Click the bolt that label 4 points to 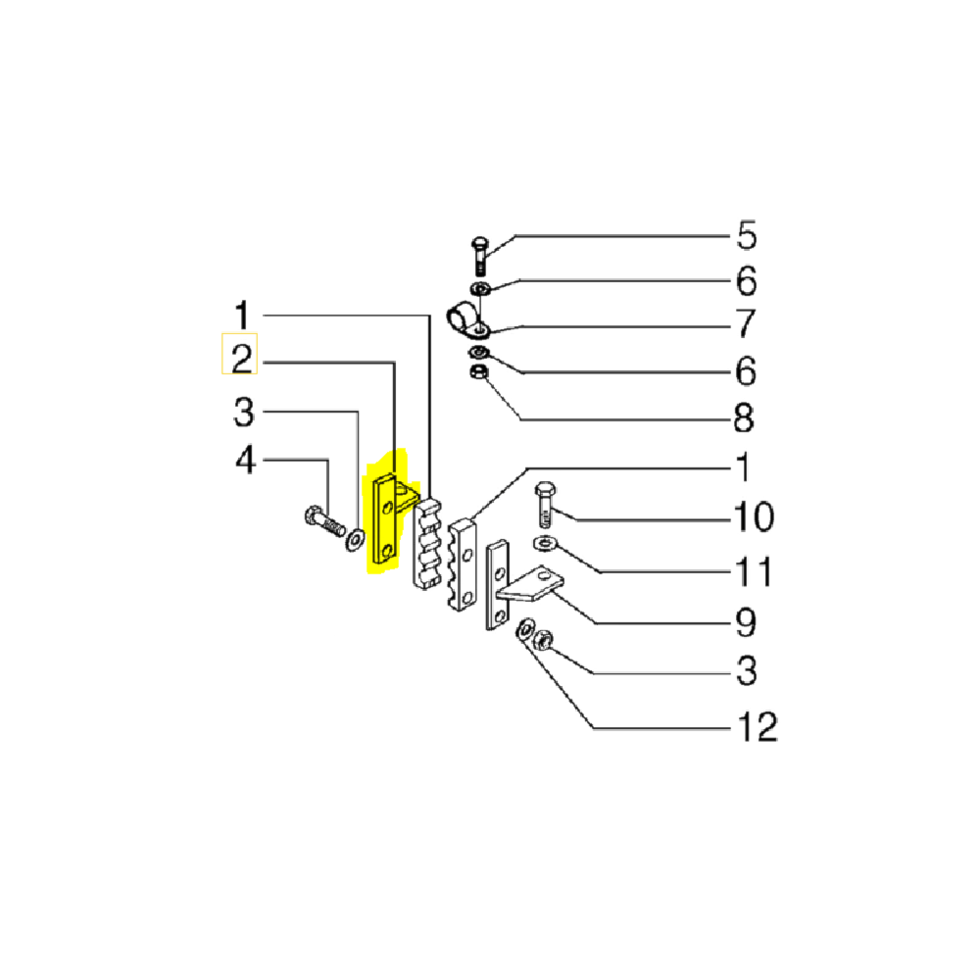pos(323,522)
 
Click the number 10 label pos(754,515)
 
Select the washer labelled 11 pos(545,544)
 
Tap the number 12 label pos(754,726)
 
